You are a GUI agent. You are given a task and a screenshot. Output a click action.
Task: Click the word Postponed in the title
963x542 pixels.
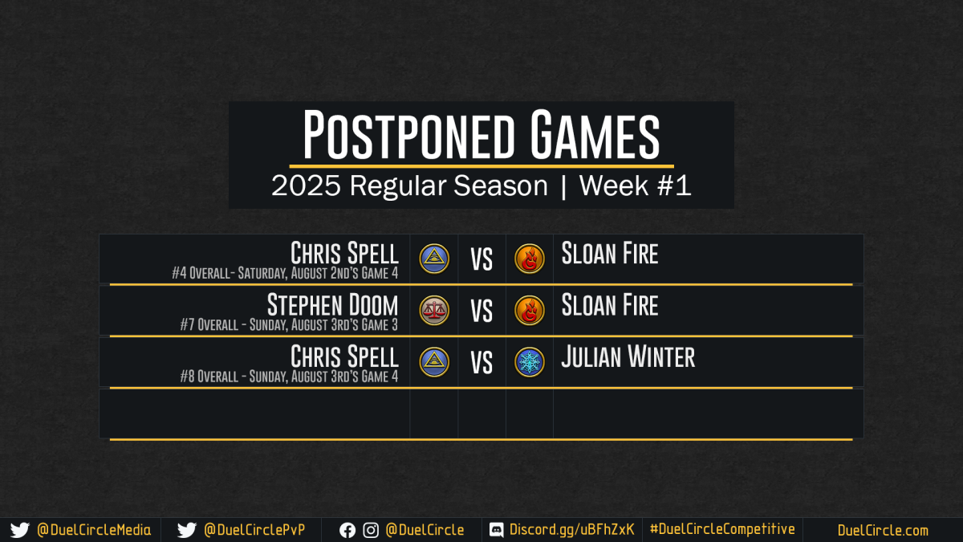408,134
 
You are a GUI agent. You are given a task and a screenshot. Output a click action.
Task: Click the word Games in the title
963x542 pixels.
595,134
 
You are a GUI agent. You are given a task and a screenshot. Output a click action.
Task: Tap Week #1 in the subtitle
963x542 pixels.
635,185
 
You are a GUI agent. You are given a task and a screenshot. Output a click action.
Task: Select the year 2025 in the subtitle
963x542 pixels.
306,185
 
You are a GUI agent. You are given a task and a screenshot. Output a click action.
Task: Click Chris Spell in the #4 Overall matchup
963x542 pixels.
344,253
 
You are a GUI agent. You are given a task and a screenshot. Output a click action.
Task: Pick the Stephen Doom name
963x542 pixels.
333,305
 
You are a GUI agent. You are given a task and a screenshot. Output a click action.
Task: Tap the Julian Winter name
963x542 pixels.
628,357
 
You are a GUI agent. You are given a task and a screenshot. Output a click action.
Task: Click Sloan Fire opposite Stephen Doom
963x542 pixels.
610,305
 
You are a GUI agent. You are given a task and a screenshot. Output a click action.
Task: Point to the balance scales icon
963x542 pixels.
434,310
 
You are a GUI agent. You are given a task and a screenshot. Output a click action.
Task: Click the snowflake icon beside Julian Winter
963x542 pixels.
529,362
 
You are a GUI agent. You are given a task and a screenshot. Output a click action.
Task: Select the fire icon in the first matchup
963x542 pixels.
529,259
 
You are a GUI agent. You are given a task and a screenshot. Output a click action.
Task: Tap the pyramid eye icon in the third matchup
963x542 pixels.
434,362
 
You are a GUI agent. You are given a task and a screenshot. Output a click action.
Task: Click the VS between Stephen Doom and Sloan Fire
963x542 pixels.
481,311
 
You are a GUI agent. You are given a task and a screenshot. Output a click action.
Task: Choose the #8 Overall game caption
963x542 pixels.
289,377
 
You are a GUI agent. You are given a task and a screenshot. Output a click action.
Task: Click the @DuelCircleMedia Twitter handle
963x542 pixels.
94,530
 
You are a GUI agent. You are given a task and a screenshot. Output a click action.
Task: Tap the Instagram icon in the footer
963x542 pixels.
371,531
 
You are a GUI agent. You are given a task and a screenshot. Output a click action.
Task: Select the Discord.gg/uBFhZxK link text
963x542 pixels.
571,530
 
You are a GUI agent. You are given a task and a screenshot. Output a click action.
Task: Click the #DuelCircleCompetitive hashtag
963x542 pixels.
722,529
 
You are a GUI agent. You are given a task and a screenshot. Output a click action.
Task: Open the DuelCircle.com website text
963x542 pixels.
883,531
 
